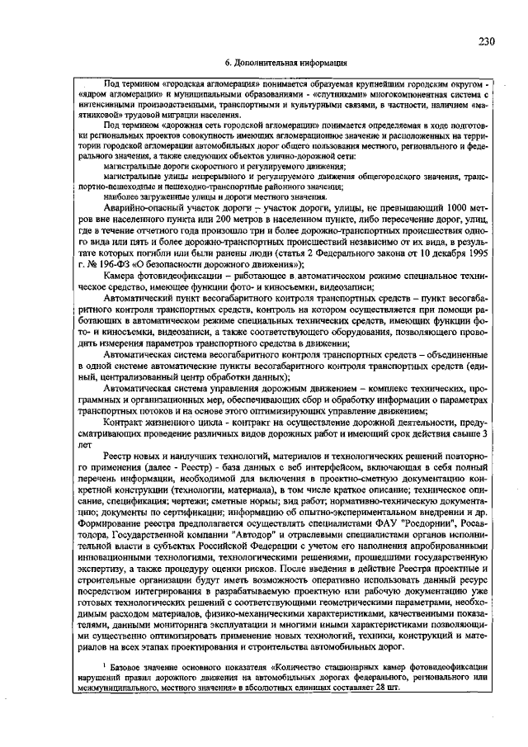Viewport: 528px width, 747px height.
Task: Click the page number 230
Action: point(487,41)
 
